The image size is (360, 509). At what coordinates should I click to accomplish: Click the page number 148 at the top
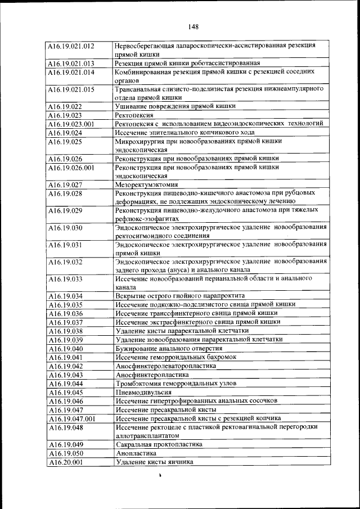coord(194,26)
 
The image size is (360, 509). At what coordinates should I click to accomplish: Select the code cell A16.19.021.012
coord(71,46)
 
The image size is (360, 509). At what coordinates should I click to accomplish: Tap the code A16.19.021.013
coord(71,63)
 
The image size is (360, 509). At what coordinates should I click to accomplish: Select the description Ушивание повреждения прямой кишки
coord(175,106)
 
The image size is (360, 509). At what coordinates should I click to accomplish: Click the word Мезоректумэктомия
coord(146,184)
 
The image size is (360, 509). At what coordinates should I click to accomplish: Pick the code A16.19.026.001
coord(71,167)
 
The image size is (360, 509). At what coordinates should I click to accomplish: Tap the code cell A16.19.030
coord(65,228)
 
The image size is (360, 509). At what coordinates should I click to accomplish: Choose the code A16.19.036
coord(65,313)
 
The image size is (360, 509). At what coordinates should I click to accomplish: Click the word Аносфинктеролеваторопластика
coord(165,366)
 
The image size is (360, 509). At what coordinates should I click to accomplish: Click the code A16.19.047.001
coord(71,418)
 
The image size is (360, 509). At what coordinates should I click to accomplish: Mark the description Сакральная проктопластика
coord(159,444)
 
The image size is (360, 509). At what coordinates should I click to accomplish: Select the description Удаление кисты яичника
coord(154,462)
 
